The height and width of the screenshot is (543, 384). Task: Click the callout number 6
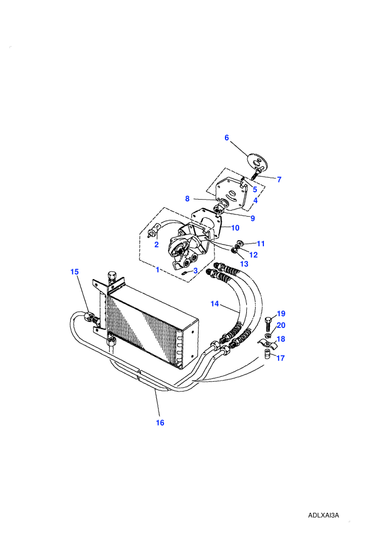tap(227, 138)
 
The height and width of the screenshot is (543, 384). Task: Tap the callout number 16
tap(160, 423)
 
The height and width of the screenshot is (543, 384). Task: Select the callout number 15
tap(75, 272)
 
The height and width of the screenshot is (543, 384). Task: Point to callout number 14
tap(214, 304)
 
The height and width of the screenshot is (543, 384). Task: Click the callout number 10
tap(235, 228)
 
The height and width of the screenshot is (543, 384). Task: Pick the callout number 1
tap(157, 269)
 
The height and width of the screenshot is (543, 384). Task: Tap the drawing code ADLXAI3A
tap(324, 515)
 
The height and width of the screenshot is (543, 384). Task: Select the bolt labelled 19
tap(269, 323)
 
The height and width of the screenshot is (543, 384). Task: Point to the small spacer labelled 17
tap(267, 355)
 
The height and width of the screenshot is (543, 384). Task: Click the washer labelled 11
tap(240, 242)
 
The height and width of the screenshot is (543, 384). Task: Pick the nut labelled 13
tap(235, 251)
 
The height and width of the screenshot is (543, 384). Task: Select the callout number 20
tap(281, 325)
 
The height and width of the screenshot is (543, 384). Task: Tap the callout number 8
tap(187, 199)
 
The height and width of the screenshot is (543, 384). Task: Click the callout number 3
tap(195, 271)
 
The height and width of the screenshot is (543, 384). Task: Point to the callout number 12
tap(253, 255)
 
